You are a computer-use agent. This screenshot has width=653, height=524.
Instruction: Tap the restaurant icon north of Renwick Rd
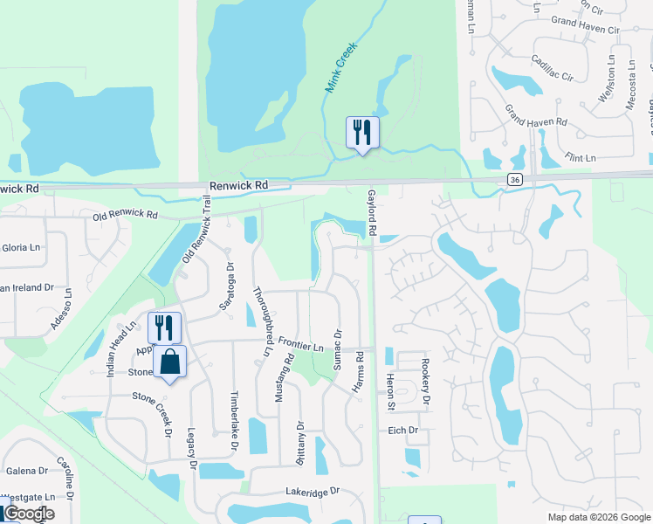click(x=362, y=133)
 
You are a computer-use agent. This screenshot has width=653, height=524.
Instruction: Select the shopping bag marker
click(x=170, y=362)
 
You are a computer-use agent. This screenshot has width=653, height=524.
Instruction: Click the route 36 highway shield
click(x=516, y=178)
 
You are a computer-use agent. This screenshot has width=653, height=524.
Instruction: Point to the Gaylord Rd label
click(x=371, y=212)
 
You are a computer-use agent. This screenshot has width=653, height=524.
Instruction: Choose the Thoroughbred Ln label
click(x=262, y=321)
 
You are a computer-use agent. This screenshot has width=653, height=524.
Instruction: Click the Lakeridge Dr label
click(x=311, y=493)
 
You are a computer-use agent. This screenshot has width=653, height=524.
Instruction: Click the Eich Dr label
click(x=402, y=431)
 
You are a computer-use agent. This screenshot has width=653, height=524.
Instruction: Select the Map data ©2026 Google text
click(x=598, y=517)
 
